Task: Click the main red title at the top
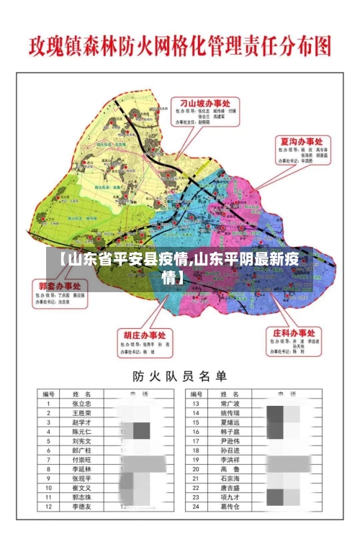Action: point(180,47)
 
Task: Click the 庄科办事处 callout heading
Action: point(293,334)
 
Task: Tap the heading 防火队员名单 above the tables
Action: point(179,376)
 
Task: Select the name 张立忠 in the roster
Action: point(82,404)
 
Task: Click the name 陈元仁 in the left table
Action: point(82,432)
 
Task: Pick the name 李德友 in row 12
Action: point(82,507)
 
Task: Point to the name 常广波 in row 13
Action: point(229,404)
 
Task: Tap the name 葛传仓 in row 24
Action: point(229,507)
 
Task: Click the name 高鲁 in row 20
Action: point(229,469)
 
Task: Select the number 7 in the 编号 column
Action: point(48,460)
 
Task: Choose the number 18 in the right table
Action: point(196,450)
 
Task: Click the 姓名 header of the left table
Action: point(82,394)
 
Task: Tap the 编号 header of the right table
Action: point(196,394)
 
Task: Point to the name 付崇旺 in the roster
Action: point(82,460)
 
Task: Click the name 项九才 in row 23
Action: point(229,497)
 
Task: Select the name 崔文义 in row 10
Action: point(82,488)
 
